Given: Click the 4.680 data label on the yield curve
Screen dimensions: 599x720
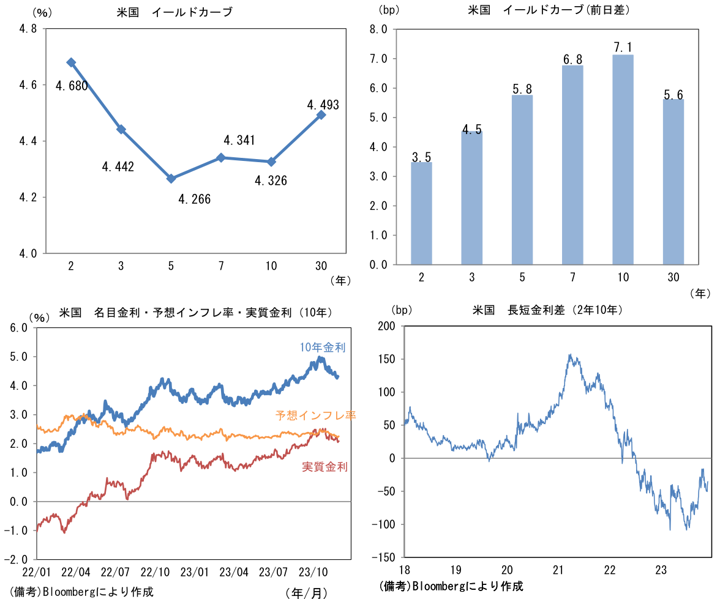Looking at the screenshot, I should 71,86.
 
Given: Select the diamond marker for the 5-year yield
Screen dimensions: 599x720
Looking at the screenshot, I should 171,179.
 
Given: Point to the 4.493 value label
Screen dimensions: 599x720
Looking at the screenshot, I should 323,105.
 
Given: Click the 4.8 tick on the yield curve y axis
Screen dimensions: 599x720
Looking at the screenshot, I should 28,29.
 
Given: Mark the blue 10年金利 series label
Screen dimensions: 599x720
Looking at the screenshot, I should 323,348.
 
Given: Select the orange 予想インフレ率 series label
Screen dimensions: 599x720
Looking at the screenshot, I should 316,415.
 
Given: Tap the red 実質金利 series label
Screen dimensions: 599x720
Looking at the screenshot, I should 324,467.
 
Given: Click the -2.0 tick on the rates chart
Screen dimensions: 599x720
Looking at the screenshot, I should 17,559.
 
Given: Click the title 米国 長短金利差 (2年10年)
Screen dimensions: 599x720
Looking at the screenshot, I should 547,310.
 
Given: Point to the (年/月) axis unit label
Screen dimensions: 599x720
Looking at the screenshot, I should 307,592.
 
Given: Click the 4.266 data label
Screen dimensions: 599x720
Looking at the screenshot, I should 194,199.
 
